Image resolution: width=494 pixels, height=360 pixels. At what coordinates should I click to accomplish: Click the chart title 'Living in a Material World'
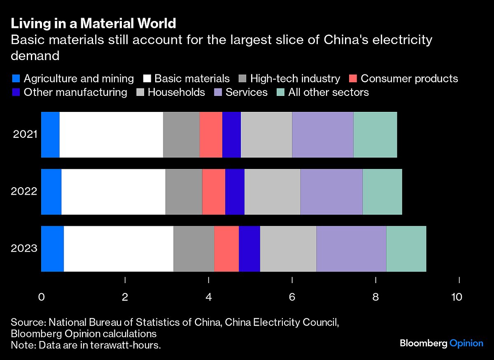click(93, 23)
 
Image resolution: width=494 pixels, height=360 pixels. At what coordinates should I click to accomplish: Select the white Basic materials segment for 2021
click(111, 135)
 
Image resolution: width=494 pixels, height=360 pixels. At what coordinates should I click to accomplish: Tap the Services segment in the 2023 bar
click(351, 249)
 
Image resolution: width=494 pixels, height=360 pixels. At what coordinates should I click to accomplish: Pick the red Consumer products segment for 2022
click(214, 192)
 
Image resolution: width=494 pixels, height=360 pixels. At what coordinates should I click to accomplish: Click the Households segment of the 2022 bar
click(273, 192)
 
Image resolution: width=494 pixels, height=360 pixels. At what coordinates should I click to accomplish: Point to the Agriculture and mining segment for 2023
click(52, 249)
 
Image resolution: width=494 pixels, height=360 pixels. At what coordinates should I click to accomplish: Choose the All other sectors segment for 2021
click(375, 135)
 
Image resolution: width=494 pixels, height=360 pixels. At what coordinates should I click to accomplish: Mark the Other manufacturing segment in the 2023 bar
click(249, 249)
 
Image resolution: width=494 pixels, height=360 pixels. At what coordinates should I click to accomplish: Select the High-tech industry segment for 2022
click(184, 192)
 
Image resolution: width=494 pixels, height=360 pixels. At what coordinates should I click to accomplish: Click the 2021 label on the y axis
click(25, 135)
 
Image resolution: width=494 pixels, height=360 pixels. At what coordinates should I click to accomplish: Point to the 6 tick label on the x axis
click(292, 297)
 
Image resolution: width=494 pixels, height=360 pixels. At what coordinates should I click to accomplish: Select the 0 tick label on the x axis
click(41, 297)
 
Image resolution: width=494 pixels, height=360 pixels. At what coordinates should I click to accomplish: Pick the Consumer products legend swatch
click(353, 79)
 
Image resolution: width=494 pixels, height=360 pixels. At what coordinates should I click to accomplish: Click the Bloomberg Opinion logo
click(441, 343)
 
